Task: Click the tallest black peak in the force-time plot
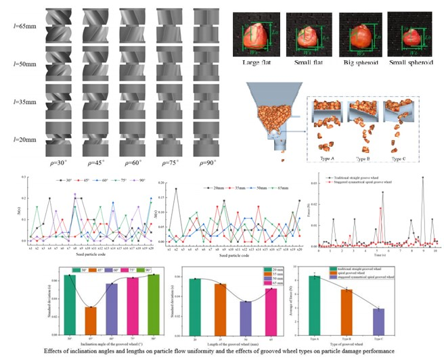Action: tap(423, 179)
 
